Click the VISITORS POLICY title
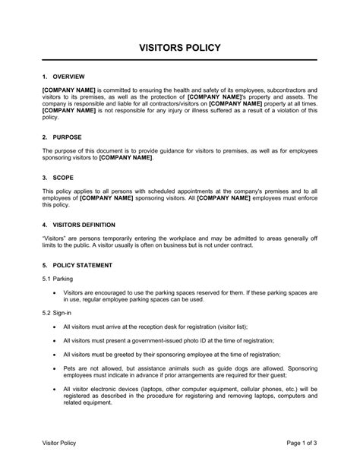(180, 48)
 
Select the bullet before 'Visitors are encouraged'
(54, 292)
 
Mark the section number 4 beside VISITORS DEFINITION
(45, 225)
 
